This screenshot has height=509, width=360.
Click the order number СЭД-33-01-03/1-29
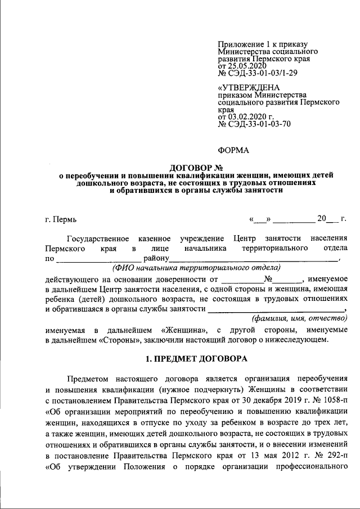[x=262, y=73]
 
